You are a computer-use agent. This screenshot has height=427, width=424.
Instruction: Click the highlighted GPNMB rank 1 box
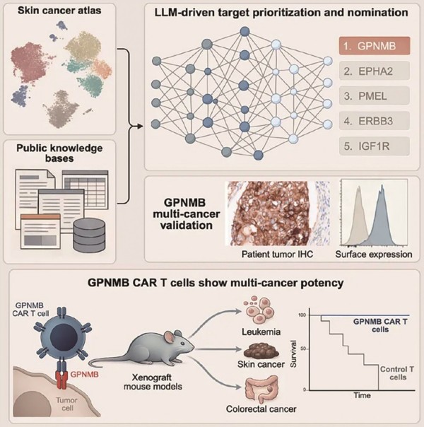(375, 46)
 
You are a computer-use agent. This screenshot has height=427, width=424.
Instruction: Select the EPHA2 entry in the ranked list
(375, 71)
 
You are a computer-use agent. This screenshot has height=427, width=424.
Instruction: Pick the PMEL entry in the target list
(375, 96)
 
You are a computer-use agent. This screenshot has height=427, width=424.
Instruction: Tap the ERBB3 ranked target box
(375, 121)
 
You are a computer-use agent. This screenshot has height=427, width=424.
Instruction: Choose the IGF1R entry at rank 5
(375, 146)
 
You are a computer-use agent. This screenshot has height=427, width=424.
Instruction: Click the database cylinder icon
(89, 235)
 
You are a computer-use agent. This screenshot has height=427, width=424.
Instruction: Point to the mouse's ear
(170, 338)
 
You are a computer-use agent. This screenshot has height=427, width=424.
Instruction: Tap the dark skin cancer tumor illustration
(261, 351)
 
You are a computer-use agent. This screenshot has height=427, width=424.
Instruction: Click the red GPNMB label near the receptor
(84, 375)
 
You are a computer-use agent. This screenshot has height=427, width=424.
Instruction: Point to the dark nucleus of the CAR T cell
(63, 337)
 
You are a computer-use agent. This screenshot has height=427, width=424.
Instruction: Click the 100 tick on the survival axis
(302, 315)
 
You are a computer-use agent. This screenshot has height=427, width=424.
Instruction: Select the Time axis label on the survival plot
(362, 395)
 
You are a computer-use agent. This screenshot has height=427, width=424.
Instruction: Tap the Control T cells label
(397, 373)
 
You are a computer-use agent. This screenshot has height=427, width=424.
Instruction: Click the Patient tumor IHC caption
(277, 255)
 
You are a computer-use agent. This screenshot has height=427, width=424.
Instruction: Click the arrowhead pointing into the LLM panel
(140, 126)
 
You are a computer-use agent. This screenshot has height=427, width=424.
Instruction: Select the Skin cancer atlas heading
(59, 11)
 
